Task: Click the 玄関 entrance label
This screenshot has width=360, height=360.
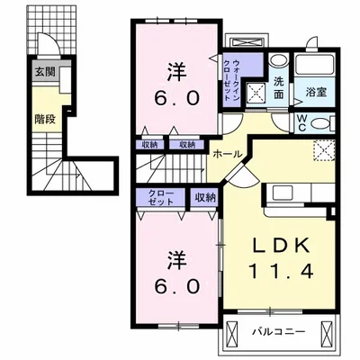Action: [44, 72]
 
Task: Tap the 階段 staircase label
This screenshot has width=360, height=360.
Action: [45, 116]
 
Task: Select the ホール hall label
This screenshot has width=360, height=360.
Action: [226, 155]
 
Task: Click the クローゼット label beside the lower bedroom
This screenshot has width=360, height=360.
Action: [148, 197]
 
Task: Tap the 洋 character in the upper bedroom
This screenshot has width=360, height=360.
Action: [176, 71]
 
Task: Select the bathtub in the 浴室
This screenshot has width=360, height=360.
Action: [316, 65]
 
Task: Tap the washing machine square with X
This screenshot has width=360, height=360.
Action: [256, 91]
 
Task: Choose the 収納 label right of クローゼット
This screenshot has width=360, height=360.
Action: [205, 197]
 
